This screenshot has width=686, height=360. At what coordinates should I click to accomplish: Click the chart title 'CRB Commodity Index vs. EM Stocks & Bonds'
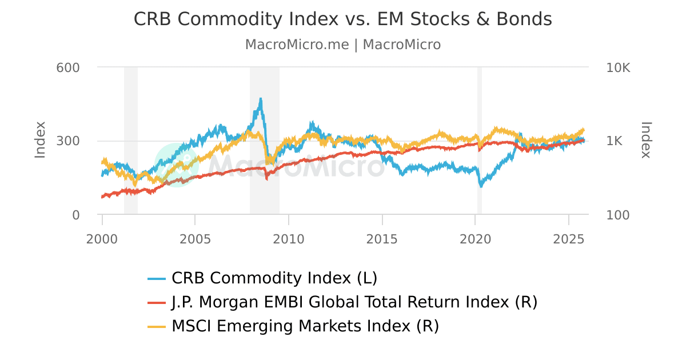click(x=342, y=19)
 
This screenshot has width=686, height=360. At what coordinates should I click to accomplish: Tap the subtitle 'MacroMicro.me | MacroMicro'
click(x=342, y=45)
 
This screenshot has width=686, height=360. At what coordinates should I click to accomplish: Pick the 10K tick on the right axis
click(x=618, y=67)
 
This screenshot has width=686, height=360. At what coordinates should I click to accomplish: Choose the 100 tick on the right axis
click(x=618, y=215)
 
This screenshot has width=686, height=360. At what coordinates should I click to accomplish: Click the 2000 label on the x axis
click(x=102, y=237)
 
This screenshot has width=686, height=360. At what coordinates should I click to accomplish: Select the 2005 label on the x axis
click(x=196, y=237)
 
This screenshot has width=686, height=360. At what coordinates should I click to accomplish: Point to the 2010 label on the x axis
click(x=289, y=237)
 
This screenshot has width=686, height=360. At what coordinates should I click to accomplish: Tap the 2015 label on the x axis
click(x=382, y=237)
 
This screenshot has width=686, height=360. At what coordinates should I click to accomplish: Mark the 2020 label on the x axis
click(x=476, y=237)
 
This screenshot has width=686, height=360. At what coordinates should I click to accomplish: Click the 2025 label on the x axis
click(x=569, y=237)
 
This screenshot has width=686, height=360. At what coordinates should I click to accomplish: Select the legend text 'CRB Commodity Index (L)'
click(x=274, y=278)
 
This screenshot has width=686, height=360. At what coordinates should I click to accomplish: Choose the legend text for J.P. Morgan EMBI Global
click(x=354, y=302)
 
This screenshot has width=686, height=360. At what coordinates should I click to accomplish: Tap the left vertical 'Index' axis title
click(x=40, y=140)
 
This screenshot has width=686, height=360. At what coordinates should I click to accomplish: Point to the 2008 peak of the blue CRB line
click(x=261, y=99)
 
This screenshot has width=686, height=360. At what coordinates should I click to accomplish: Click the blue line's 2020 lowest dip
click(x=481, y=186)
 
